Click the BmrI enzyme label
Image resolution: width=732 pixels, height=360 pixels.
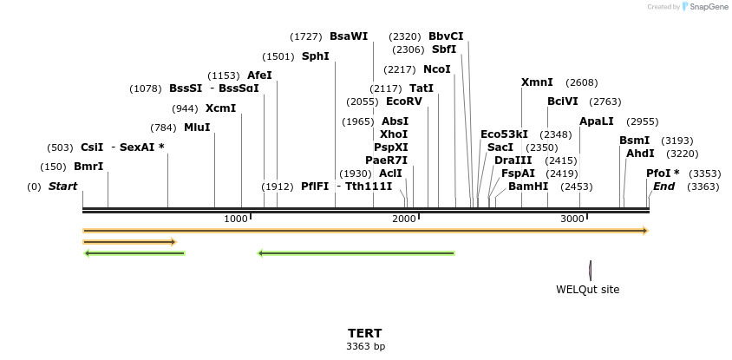tap(88, 167)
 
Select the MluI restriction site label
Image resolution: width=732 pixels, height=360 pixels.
tap(197, 128)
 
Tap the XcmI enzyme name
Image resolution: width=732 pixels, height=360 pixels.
tap(220, 108)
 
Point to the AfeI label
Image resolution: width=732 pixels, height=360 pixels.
tap(259, 75)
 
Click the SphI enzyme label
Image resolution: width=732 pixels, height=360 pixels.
tap(316, 56)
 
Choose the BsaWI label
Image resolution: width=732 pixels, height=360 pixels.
tap(349, 36)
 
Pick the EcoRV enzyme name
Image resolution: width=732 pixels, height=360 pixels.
tap(404, 101)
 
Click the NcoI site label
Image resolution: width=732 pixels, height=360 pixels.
tap(437, 69)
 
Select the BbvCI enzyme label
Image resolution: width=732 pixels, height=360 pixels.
tap(446, 36)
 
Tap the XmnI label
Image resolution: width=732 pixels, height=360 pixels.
tap(537, 82)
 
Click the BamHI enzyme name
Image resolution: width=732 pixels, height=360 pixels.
tap(528, 187)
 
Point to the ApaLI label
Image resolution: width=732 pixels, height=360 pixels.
tap(597, 121)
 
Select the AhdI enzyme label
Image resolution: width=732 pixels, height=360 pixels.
tap(640, 154)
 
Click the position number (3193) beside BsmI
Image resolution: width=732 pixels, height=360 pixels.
tap(676, 141)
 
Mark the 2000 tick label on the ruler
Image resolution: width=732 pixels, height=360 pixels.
tap(404, 219)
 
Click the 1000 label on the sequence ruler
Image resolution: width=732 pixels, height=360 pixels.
tap(236, 219)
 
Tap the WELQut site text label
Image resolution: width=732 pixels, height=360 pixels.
tap(588, 290)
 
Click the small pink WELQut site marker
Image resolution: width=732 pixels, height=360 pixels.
tap(590, 271)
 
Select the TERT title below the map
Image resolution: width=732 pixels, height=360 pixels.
tap(365, 333)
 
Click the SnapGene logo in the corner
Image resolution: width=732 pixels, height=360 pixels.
tap(704, 7)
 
